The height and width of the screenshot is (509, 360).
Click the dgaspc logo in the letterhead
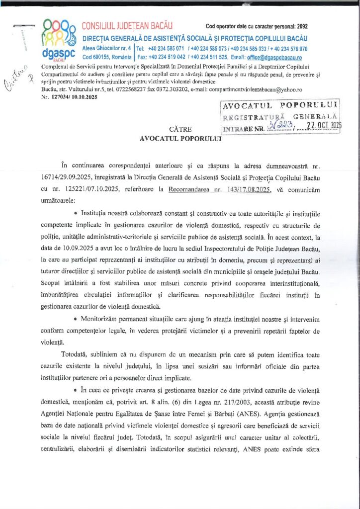(x=59, y=39)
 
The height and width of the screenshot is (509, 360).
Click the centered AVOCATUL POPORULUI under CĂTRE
(x=180, y=139)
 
